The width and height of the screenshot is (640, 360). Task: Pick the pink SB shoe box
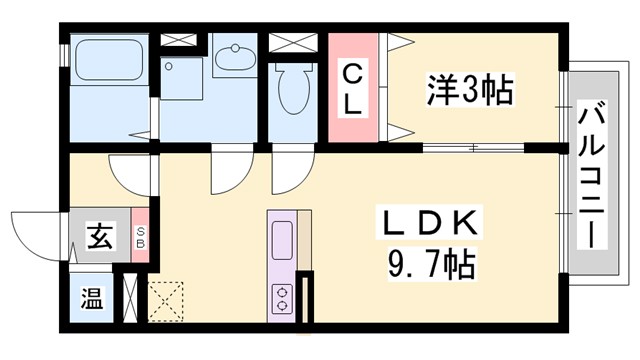(x=140, y=238)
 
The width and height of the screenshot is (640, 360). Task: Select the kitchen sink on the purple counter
(x=282, y=241)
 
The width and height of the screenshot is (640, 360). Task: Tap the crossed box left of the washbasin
(x=180, y=40)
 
